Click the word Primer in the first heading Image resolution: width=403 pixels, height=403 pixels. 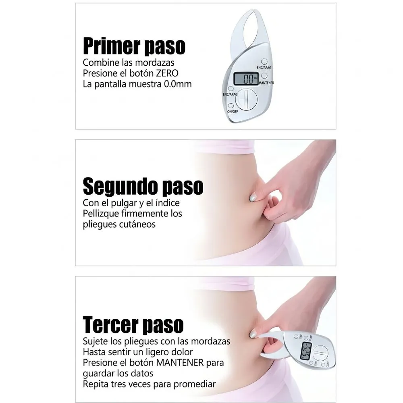(x=111, y=46)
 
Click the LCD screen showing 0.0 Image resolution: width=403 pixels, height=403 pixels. (x=246, y=79)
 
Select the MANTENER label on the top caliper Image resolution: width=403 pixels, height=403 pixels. (x=266, y=83)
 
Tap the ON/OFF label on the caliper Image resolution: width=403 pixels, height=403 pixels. (x=233, y=112)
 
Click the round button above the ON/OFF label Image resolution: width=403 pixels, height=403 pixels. (x=231, y=106)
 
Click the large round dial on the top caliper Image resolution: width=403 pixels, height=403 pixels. (x=246, y=99)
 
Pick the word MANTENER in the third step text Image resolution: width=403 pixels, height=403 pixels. (x=180, y=363)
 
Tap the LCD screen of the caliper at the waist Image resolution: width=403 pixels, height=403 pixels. (x=306, y=351)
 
